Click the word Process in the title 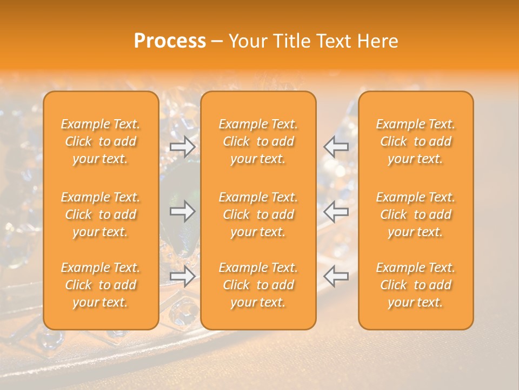[170, 41]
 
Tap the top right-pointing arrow [182, 147]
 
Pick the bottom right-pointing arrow [182, 276]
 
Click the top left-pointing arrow [336, 147]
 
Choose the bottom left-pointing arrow [336, 276]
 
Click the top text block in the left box [101, 141]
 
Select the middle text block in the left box [101, 214]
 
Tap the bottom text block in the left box [101, 285]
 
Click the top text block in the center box [258, 141]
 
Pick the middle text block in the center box [258, 214]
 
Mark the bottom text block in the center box [258, 285]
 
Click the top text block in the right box [415, 141]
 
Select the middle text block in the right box [415, 214]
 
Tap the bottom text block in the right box [415, 285]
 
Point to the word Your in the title [247, 41]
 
